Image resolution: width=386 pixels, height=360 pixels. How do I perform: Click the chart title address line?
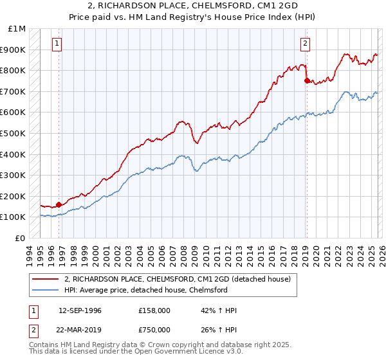pyautogui.click(x=192, y=6)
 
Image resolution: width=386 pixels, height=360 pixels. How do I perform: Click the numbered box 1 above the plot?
pyautogui.click(x=57, y=44)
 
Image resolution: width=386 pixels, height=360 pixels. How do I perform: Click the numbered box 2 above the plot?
pyautogui.click(x=304, y=44)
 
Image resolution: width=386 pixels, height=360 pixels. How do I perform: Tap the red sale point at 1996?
pyautogui.click(x=59, y=204)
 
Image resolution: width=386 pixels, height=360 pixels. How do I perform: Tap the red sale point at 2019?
pyautogui.click(x=307, y=80)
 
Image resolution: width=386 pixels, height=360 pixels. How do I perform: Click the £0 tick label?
pyautogui.click(x=21, y=238)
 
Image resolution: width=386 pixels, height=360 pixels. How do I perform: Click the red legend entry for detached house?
pyautogui.click(x=177, y=279)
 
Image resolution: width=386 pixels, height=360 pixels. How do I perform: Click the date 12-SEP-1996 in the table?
pyautogui.click(x=80, y=310)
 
